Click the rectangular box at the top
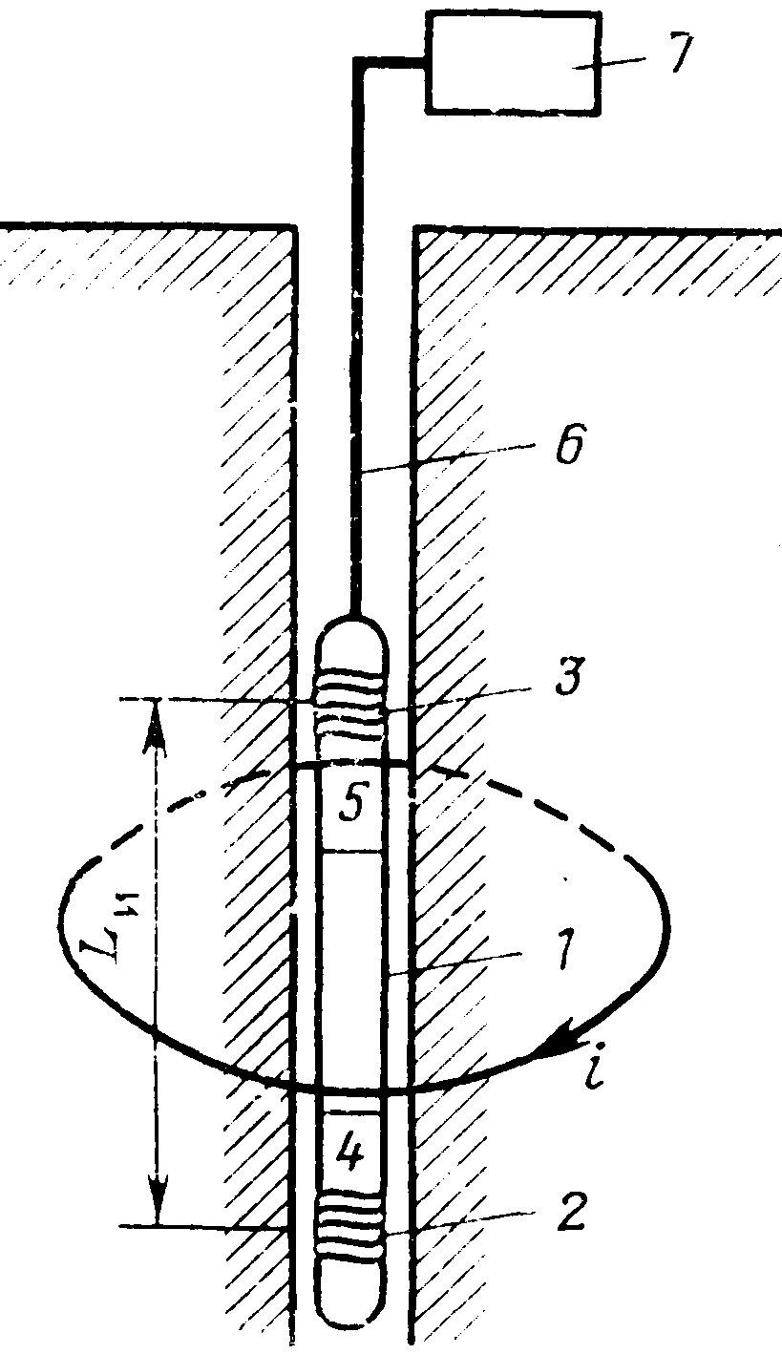(x=514, y=63)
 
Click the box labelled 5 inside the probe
(x=350, y=808)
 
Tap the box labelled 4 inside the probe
(x=350, y=1154)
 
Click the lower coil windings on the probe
(x=350, y=1237)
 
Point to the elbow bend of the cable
(x=361, y=62)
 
